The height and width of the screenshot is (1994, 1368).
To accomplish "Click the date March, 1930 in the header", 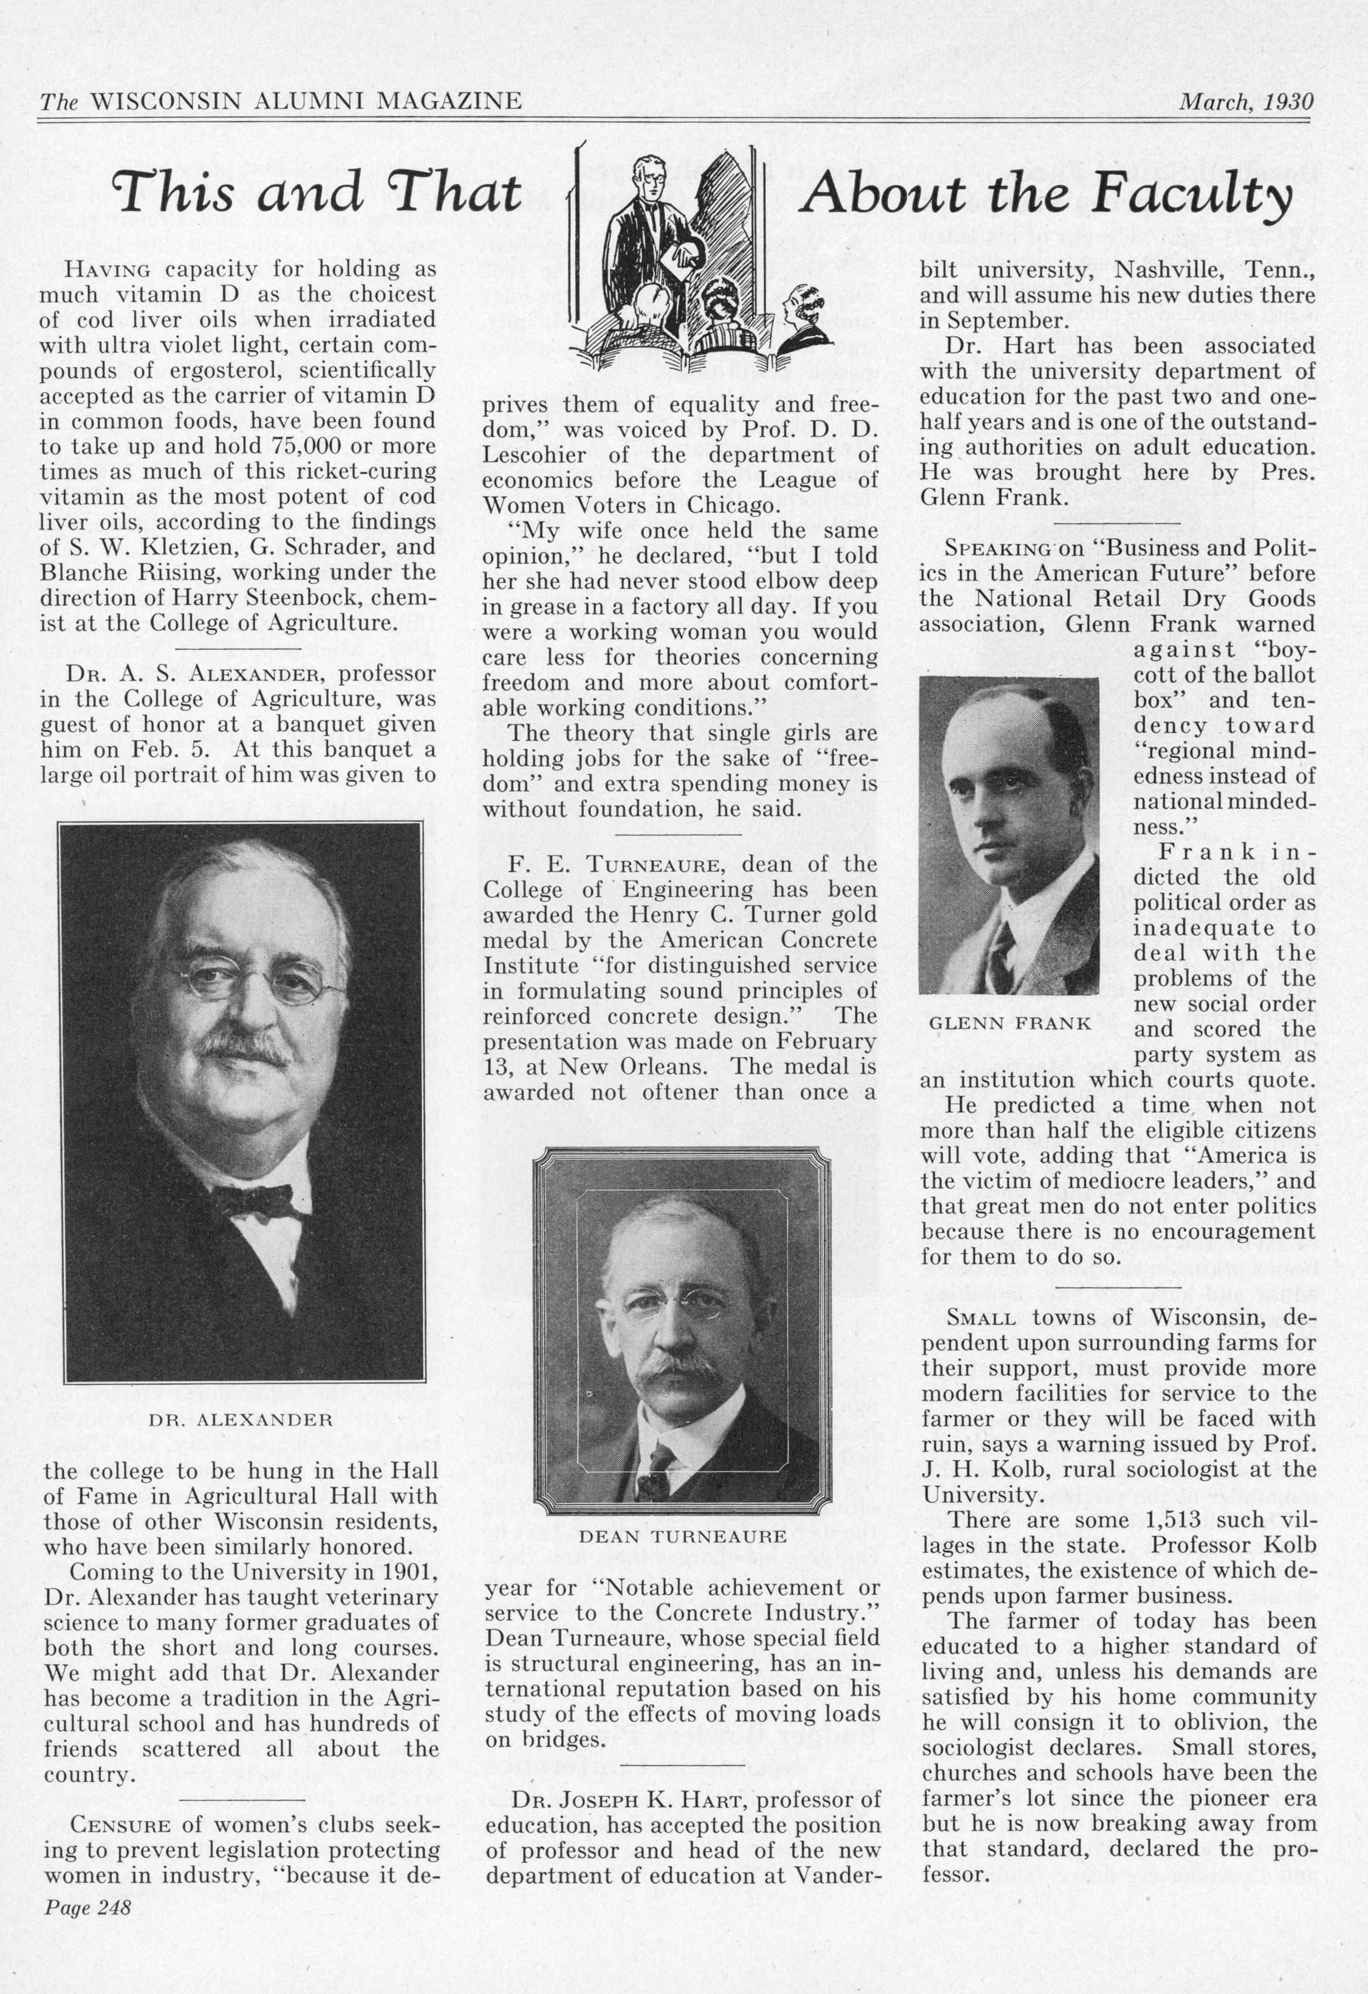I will [1245, 102].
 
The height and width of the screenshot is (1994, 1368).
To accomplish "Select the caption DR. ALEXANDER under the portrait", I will [240, 1419].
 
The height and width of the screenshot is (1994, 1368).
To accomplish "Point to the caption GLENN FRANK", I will [1010, 1023].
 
